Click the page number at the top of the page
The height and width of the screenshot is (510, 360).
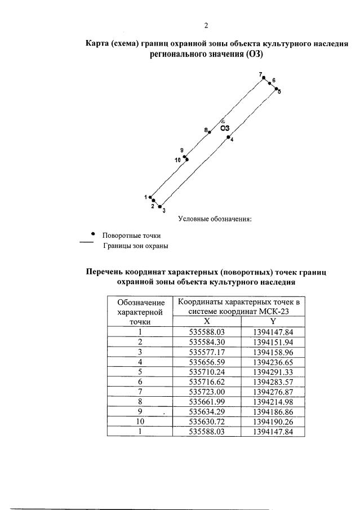click(x=206, y=25)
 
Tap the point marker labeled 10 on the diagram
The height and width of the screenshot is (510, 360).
click(x=187, y=159)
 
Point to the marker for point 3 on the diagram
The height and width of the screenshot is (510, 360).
click(x=159, y=206)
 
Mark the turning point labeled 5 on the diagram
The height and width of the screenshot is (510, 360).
click(x=276, y=88)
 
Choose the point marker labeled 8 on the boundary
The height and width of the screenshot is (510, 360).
click(x=210, y=132)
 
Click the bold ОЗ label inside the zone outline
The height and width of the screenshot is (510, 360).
click(x=225, y=127)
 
